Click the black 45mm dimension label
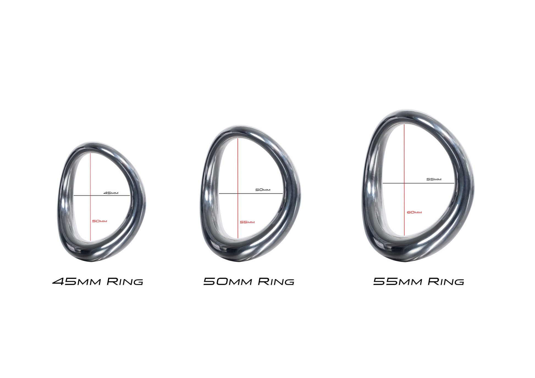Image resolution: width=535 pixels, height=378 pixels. tap(111, 193)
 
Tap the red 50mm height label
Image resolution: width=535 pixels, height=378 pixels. tap(100, 221)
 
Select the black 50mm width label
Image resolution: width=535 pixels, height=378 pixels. tap(263, 190)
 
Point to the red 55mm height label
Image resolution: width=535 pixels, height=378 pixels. tap(247, 222)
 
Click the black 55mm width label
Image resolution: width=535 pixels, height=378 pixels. tap(434, 179)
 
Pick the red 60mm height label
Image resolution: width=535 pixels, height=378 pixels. tap(414, 212)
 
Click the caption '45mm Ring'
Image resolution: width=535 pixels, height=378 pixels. tap(98, 282)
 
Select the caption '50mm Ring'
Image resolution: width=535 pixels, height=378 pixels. tap(249, 282)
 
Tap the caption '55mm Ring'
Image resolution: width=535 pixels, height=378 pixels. tap(419, 282)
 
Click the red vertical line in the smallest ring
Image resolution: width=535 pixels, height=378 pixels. tap(90, 197)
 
